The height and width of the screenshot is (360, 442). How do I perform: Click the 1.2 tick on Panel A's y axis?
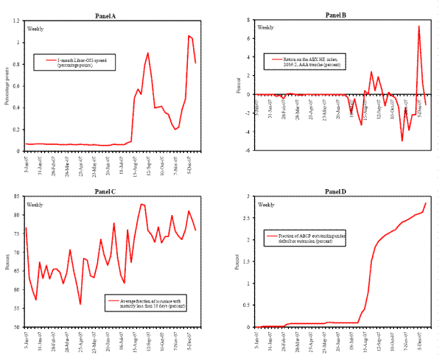(x=17, y=21)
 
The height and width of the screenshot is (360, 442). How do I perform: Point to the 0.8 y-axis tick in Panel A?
(x=17, y=64)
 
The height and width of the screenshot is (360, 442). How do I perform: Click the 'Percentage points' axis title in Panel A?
(x=7, y=85)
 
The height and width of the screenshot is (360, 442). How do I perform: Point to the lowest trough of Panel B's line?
(x=402, y=141)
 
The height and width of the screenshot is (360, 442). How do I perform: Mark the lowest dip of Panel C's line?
(x=80, y=304)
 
